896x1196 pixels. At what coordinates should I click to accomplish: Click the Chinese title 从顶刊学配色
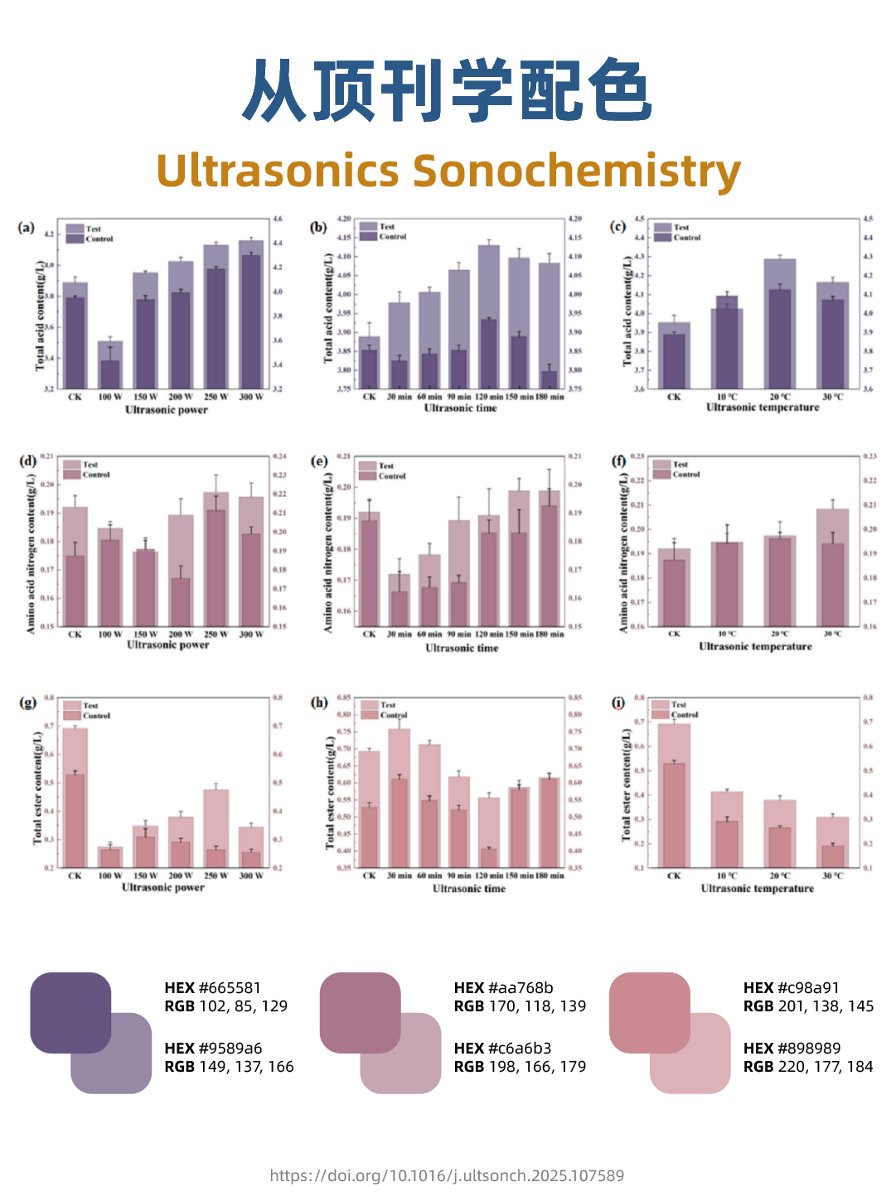click(x=448, y=91)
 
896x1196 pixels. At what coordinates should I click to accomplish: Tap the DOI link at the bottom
click(x=447, y=1175)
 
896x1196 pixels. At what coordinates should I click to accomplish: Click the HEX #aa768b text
click(x=503, y=987)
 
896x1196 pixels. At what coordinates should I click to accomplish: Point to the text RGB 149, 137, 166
click(x=229, y=1067)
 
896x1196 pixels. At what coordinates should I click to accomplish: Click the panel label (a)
click(x=27, y=228)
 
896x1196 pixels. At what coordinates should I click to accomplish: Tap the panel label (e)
click(x=318, y=461)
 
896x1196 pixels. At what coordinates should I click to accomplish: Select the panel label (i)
click(x=618, y=702)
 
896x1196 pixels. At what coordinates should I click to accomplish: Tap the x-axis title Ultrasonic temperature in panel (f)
click(x=755, y=647)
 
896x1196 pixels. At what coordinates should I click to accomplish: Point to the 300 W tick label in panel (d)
click(x=251, y=634)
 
